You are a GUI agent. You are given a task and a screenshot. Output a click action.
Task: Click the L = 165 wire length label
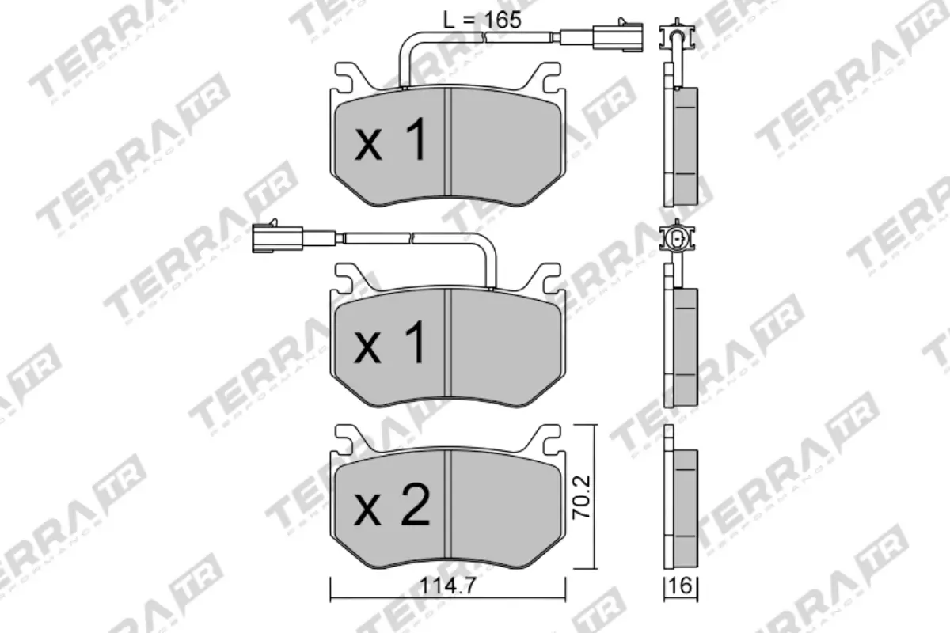[481, 20]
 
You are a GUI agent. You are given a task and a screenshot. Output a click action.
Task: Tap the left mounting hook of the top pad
[346, 75]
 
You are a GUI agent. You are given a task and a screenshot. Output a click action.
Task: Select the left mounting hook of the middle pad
[346, 277]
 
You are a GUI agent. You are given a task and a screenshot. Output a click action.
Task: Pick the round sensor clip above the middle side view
[677, 238]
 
